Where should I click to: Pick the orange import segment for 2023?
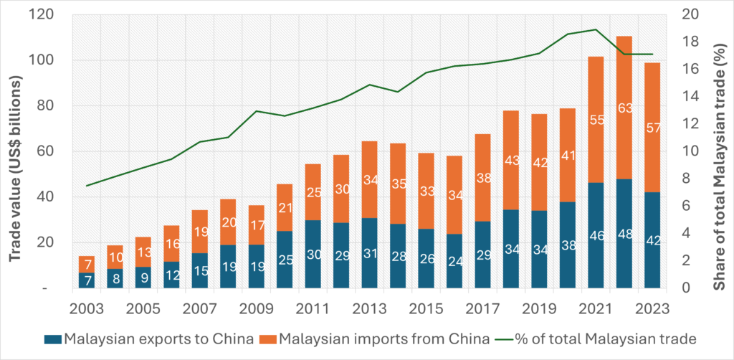[x=652, y=128]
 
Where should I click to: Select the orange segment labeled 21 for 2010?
[x=285, y=208]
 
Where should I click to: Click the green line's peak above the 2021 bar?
[x=595, y=29]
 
